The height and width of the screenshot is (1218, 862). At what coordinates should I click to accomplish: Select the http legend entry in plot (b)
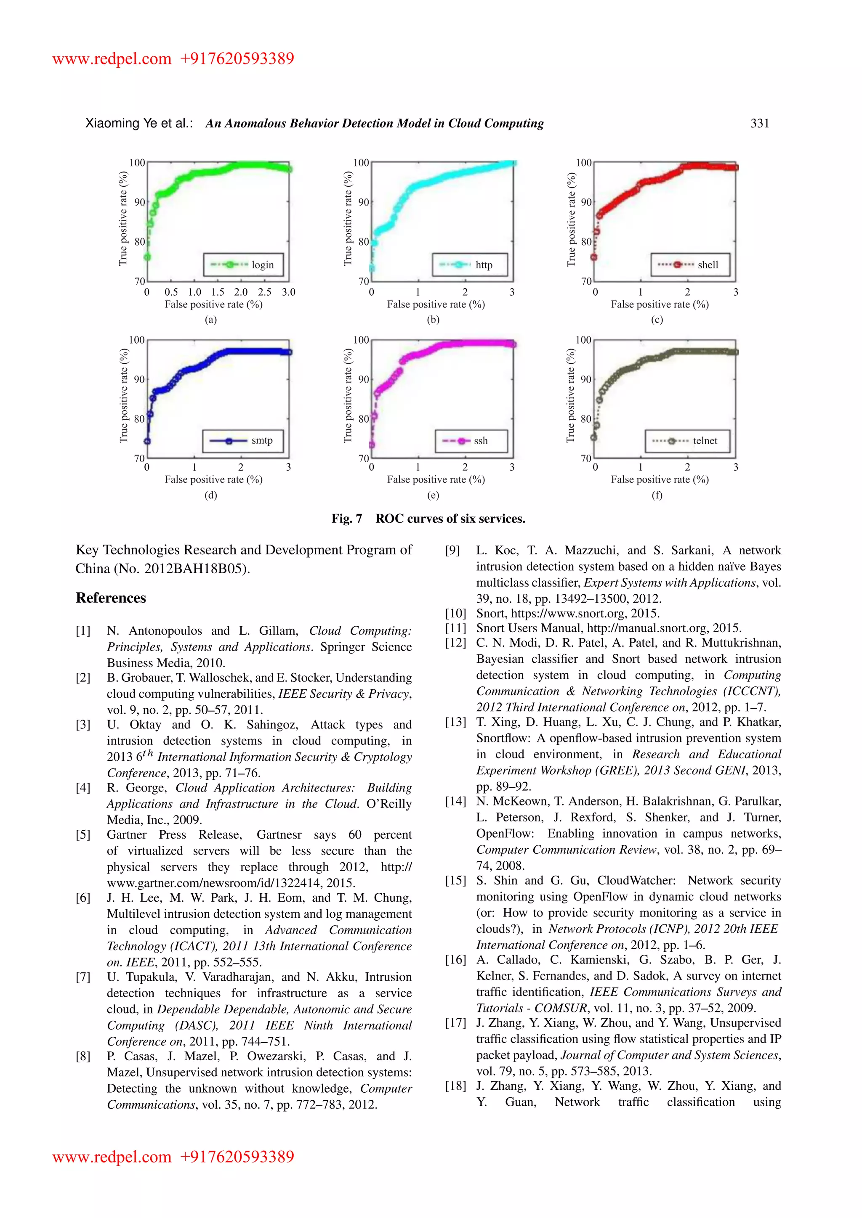coord(470,265)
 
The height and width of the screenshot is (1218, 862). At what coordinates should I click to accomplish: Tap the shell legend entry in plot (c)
coord(690,265)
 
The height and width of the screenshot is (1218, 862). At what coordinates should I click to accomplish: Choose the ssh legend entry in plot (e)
coord(471,441)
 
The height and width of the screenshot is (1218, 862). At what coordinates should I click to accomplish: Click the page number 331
coord(760,124)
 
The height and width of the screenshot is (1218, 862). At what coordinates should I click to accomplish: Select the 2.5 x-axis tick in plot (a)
coord(264,292)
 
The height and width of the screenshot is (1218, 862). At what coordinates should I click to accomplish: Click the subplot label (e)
coord(433,495)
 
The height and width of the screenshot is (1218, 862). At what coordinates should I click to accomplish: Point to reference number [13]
coord(455,723)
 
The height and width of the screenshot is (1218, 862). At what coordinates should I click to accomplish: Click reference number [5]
coord(83,835)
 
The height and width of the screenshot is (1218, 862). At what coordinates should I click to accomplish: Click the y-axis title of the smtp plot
coord(124,396)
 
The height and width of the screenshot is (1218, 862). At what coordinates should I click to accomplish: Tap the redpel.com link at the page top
coord(112,59)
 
